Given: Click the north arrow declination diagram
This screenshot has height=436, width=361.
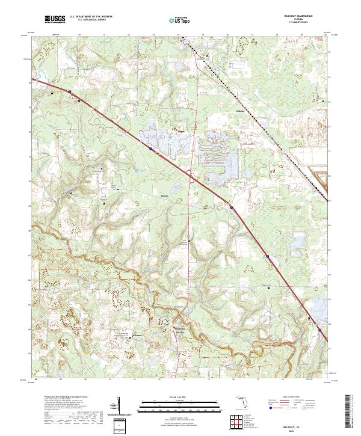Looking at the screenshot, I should click(x=120, y=405).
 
